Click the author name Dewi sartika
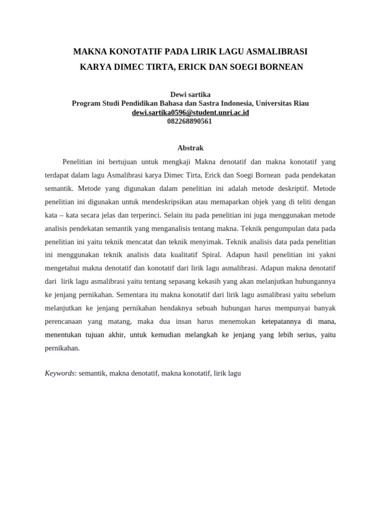point(190,94)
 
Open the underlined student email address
point(190,112)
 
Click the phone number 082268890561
point(190,121)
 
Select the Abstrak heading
point(190,148)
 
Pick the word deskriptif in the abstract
point(293,189)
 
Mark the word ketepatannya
point(282,321)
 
